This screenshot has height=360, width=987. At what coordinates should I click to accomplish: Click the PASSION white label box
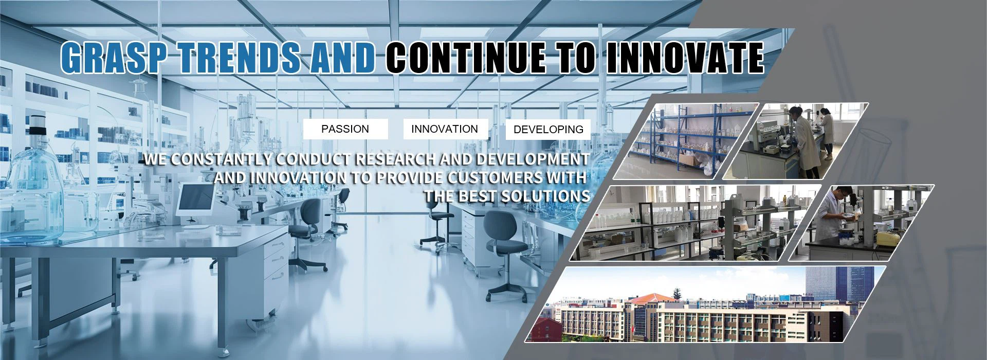(345, 129)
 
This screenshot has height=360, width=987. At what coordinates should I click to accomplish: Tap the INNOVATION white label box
(445, 129)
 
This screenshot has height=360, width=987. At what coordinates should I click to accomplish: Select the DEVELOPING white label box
(549, 130)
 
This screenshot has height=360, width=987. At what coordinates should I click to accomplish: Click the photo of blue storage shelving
(685, 141)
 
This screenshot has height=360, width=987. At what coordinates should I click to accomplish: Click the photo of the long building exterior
(706, 304)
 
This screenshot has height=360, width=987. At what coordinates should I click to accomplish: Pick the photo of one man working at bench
(861, 223)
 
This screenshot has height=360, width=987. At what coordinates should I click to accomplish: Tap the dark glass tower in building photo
(839, 285)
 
